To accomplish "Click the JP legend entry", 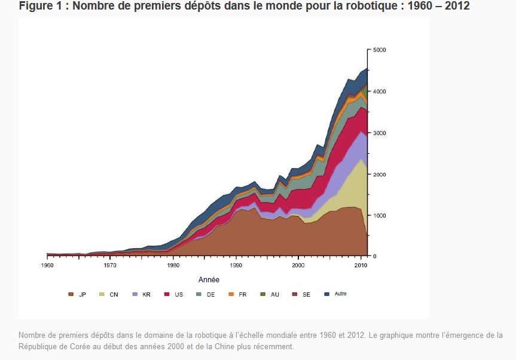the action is pyautogui.click(x=77, y=294).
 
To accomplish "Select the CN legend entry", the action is pyautogui.click(x=109, y=294).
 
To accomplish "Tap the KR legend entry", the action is pyautogui.click(x=142, y=294).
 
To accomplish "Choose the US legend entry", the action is pyautogui.click(x=174, y=294).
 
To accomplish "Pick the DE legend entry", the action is pyautogui.click(x=206, y=294).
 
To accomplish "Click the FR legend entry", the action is pyautogui.click(x=237, y=294).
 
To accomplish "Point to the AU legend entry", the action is pyautogui.click(x=270, y=294).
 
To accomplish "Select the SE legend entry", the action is pyautogui.click(x=301, y=294).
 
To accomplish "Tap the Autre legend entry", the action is pyautogui.click(x=335, y=294).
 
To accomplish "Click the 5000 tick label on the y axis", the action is pyautogui.click(x=380, y=50).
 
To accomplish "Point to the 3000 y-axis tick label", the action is pyautogui.click(x=380, y=133).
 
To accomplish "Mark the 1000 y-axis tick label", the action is pyautogui.click(x=380, y=215).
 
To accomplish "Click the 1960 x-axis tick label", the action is pyautogui.click(x=47, y=266).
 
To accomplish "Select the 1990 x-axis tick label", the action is pyautogui.click(x=236, y=266).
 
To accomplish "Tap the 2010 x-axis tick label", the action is pyautogui.click(x=361, y=266).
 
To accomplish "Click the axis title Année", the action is pyautogui.click(x=209, y=280).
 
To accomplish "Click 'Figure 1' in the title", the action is pyautogui.click(x=40, y=5).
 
